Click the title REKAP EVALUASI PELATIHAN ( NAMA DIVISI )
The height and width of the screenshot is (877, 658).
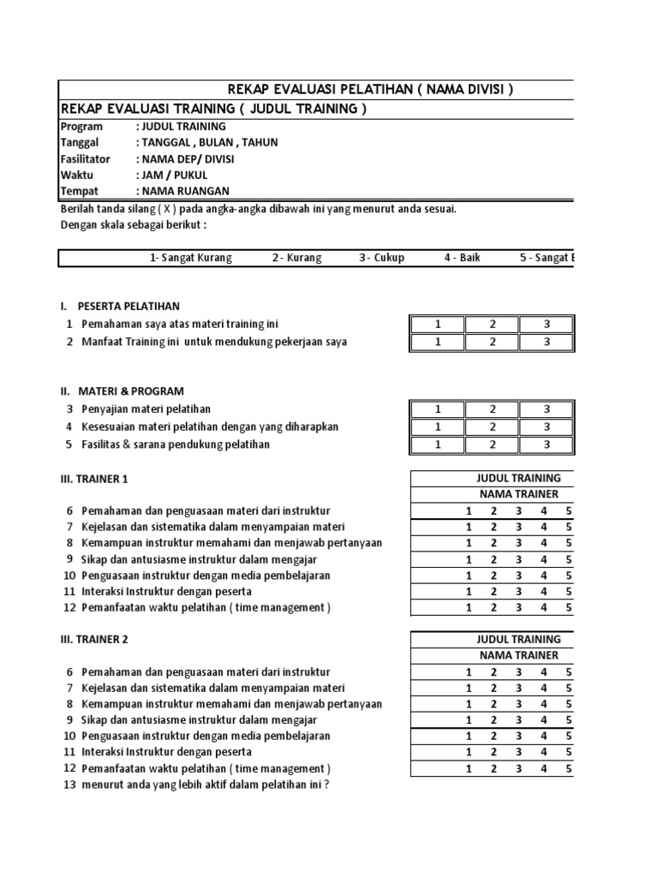coord(369,90)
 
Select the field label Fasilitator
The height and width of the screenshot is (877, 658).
coord(86,158)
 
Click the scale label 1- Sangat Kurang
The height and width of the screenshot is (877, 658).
coord(190,258)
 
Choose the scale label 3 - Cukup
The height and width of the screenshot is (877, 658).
coord(381,258)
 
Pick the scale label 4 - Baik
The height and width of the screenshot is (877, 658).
coord(462,258)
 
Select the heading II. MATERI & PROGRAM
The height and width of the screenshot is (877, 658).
coord(122,391)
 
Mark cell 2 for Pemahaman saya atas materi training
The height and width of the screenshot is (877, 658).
coord(492,325)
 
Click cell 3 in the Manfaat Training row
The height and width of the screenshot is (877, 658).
coord(547,342)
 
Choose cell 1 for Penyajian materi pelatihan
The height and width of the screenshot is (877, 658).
coord(437,409)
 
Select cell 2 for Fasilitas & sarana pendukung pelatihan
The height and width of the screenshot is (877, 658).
coord(492,444)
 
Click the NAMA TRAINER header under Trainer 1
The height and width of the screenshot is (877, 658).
coord(518,494)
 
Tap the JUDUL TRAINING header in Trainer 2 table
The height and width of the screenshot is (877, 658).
coord(518,639)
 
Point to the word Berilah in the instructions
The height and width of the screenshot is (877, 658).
coord(79,209)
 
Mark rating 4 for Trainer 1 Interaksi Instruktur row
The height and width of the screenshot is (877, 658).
coord(543,591)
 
